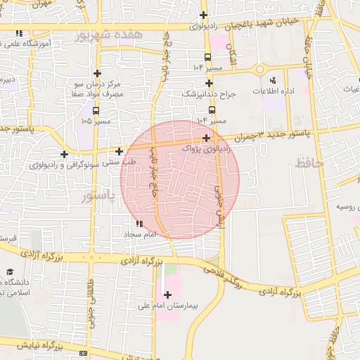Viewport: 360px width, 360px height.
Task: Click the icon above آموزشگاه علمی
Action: (x=18, y=33)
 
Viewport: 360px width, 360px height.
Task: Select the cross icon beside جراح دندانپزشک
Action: (x=209, y=83)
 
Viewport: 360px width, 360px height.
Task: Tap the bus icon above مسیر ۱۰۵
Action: (x=96, y=110)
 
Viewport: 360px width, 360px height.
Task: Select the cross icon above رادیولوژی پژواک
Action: (x=205, y=138)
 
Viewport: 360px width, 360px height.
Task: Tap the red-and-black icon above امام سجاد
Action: (x=139, y=224)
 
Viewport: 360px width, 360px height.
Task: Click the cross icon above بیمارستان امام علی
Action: (x=167, y=295)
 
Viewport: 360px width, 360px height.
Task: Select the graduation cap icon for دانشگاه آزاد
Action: (x=10, y=271)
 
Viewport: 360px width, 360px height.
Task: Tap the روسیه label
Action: (x=349, y=207)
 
